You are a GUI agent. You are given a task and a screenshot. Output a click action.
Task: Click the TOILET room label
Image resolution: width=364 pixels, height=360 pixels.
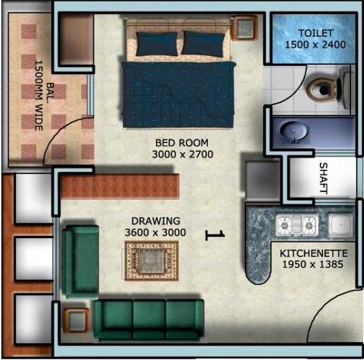(x=316, y=33)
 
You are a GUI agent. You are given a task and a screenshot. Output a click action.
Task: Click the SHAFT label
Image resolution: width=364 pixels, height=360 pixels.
(x=323, y=178)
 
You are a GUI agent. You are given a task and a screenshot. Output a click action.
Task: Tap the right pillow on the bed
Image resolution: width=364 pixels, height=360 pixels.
(x=202, y=44)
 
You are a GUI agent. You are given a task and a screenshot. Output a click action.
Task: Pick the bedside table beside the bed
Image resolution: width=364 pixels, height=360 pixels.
(x=244, y=28)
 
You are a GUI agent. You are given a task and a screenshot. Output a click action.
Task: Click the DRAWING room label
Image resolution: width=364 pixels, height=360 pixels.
(x=155, y=221)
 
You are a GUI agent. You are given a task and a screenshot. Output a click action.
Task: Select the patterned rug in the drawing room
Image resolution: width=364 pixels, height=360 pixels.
(x=152, y=261)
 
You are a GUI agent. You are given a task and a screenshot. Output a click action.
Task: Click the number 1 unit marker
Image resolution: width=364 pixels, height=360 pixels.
(x=215, y=234)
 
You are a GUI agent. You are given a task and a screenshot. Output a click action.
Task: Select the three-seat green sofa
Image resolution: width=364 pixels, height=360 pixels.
(x=148, y=319)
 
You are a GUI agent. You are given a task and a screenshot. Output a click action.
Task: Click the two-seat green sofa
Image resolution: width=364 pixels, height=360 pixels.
(x=80, y=261)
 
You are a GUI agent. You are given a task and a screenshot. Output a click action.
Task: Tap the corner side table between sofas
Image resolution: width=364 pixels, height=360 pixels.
(x=77, y=321)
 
